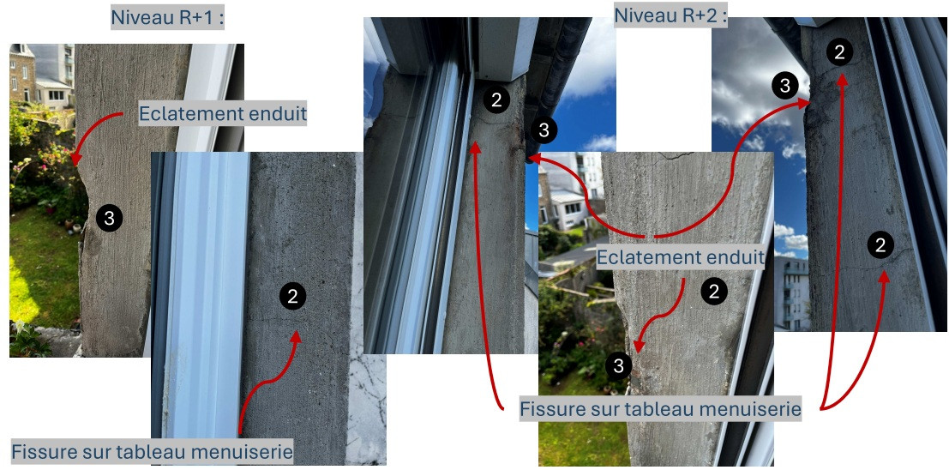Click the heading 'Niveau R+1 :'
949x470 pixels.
pyautogui.click(x=168, y=17)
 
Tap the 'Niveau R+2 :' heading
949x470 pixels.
pyautogui.click(x=670, y=15)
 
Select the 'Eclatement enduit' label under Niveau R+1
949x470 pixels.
pyautogui.click(x=222, y=114)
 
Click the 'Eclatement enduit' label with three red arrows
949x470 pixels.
pyautogui.click(x=681, y=258)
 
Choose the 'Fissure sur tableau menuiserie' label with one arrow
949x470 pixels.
pyautogui.click(x=152, y=451)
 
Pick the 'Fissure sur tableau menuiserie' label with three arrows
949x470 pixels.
pyautogui.click(x=660, y=409)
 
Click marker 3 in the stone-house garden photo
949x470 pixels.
pyautogui.click(x=110, y=218)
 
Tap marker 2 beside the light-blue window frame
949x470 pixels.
pyautogui.click(x=293, y=296)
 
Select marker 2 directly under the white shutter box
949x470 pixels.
pyautogui.click(x=496, y=100)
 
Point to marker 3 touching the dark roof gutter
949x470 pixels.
pyautogui.click(x=544, y=130)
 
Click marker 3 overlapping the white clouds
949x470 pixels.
pyautogui.click(x=784, y=86)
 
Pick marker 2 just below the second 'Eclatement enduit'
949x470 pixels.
pyautogui.click(x=714, y=292)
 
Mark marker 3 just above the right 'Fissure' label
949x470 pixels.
pyautogui.click(x=618, y=366)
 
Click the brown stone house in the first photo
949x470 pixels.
pyautogui.click(x=22, y=73)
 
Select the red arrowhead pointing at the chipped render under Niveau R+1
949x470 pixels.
pyautogui.click(x=75, y=159)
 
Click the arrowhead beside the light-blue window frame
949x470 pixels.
pyautogui.click(x=295, y=337)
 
